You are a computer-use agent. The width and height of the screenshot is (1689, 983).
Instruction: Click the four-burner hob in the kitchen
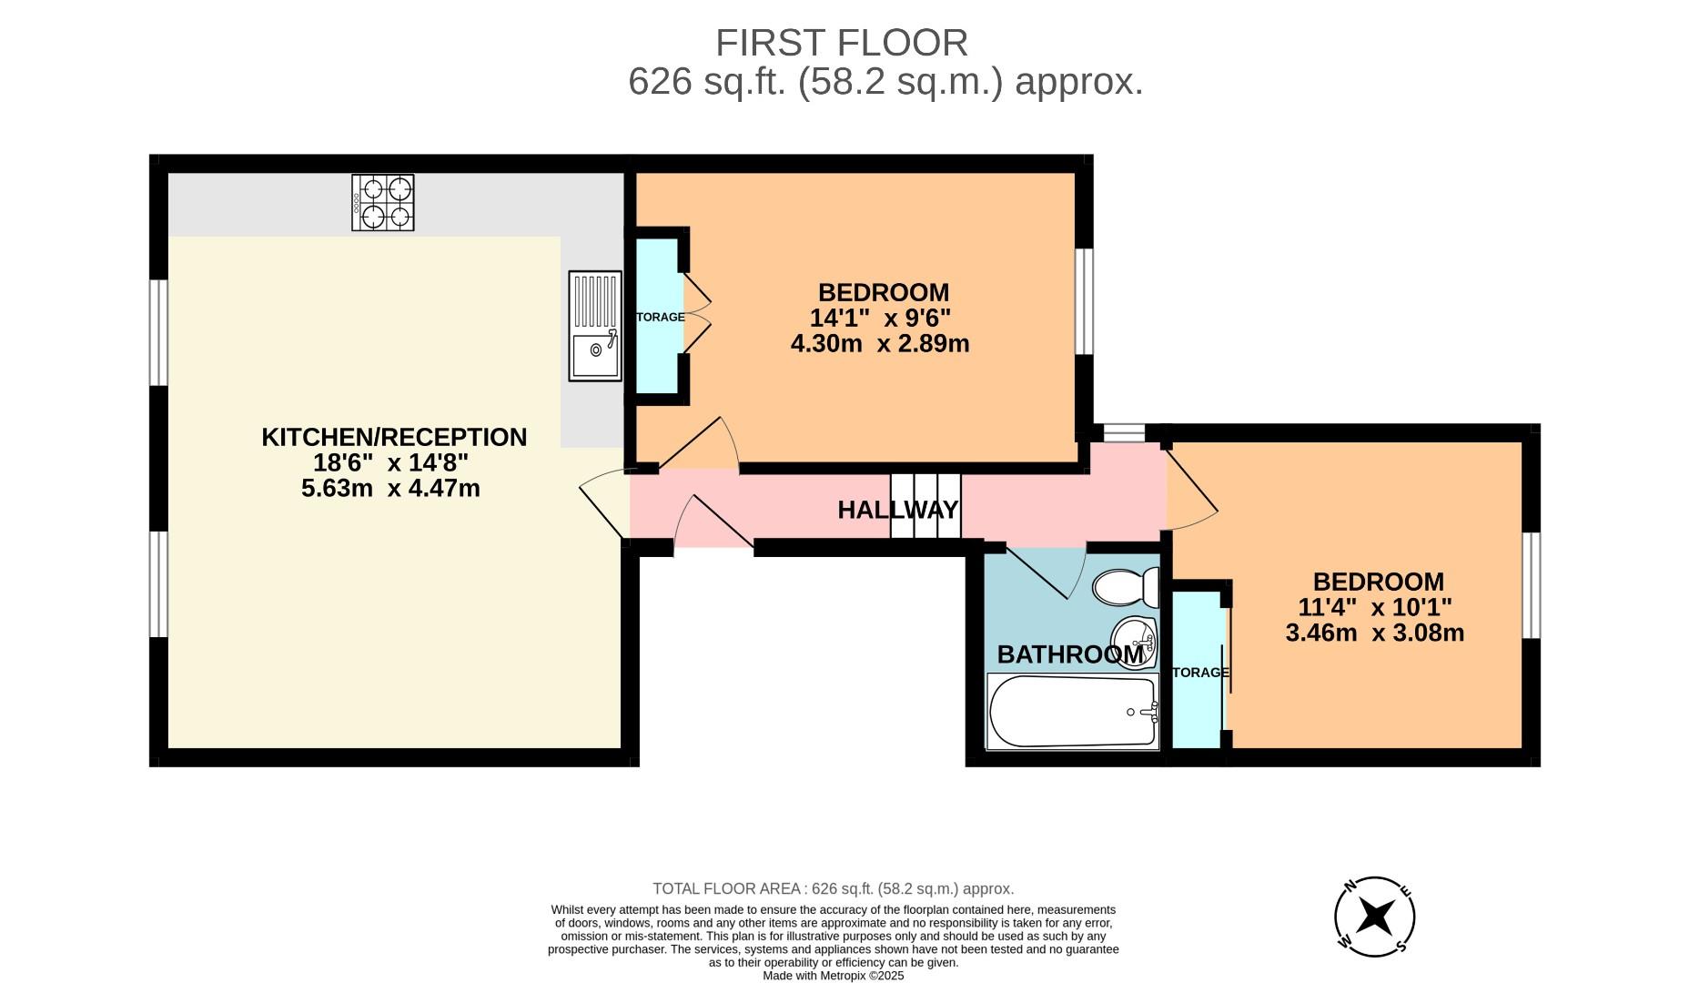click(x=383, y=202)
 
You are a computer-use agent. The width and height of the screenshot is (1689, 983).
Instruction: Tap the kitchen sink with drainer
click(x=595, y=326)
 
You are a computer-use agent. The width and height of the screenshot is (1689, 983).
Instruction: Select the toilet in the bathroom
click(x=1126, y=587)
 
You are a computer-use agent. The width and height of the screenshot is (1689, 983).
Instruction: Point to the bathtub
click(x=1072, y=713)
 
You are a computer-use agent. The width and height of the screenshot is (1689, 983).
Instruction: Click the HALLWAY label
click(x=897, y=510)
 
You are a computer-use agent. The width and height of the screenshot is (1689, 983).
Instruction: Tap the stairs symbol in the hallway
click(x=925, y=506)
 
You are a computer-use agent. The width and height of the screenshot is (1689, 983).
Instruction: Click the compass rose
click(x=1374, y=917)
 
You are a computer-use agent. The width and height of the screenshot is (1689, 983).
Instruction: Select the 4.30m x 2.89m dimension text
click(x=880, y=344)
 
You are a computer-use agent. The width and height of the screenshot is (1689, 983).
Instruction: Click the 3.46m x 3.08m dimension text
click(x=1374, y=633)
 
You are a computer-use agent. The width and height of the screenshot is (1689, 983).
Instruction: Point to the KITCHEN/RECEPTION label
click(x=394, y=437)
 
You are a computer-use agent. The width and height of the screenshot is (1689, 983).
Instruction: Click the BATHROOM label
click(x=1070, y=654)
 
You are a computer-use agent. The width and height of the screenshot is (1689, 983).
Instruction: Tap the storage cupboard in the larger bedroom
click(x=658, y=316)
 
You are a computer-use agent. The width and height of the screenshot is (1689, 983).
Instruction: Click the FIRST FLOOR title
click(x=841, y=43)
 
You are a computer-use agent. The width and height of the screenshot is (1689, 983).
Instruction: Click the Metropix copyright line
click(x=833, y=975)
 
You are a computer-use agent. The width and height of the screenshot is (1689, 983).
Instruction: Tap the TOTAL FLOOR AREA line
click(x=833, y=888)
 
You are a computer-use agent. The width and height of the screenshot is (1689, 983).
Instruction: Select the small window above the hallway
click(x=1124, y=433)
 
